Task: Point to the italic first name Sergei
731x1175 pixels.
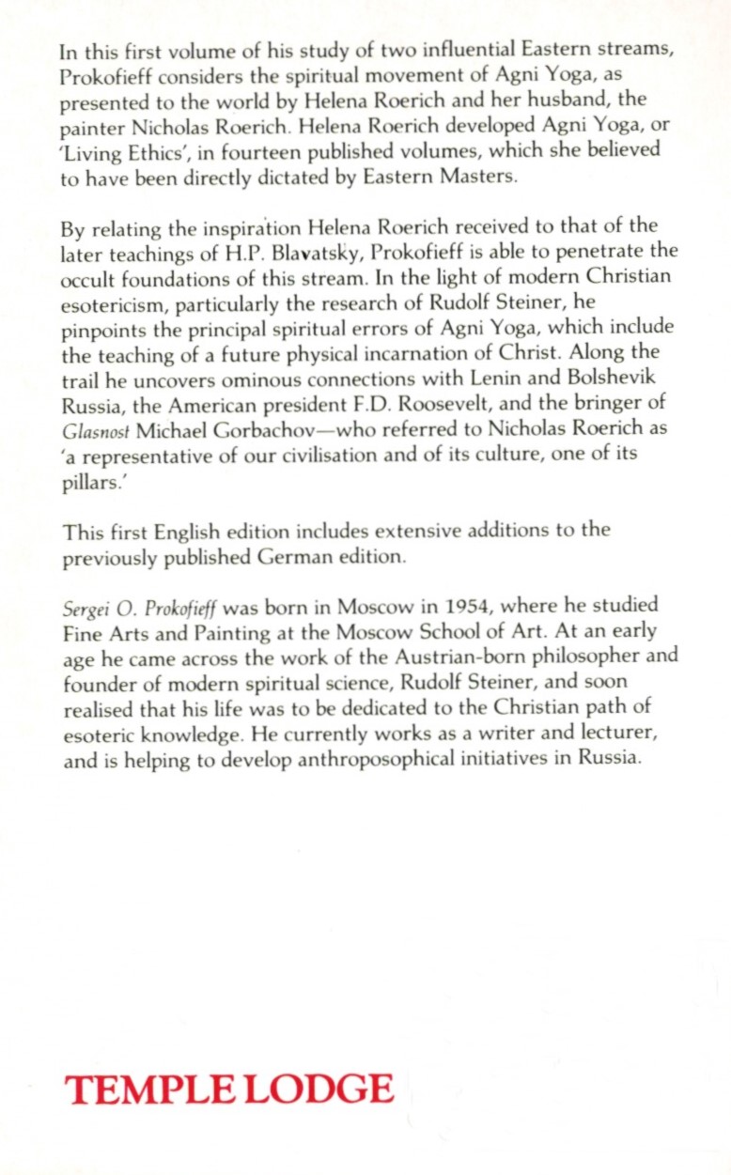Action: (x=83, y=606)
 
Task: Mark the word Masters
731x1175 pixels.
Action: (x=477, y=177)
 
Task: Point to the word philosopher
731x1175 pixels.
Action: (x=578, y=657)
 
